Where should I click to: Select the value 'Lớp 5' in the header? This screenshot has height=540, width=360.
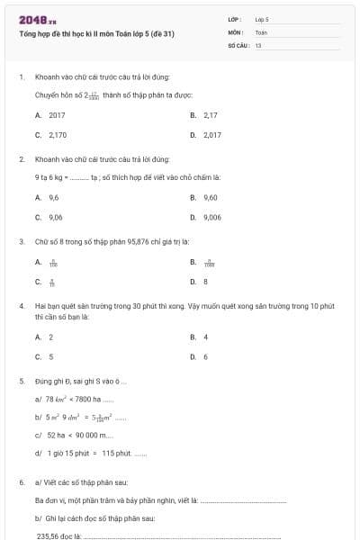[262, 19]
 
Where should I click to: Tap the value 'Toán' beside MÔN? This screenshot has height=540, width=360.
[261, 31]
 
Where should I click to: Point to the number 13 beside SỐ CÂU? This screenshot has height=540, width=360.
[258, 44]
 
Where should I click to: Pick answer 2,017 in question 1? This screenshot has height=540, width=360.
[212, 135]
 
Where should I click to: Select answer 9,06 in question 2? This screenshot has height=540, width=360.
[56, 217]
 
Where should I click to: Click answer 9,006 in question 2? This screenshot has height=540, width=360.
[212, 217]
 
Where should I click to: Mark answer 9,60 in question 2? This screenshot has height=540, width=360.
[211, 197]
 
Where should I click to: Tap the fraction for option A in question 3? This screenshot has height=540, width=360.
[53, 263]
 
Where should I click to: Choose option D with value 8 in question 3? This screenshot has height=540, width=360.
[205, 282]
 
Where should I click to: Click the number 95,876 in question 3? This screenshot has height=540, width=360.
[138, 241]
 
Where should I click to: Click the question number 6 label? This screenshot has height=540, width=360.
[21, 482]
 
